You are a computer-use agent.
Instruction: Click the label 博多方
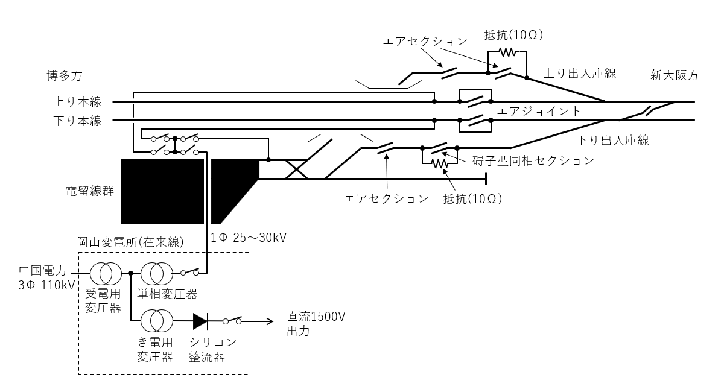coord(64,76)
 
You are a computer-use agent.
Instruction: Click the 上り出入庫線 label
coord(580,74)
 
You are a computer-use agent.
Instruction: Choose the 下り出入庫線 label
coord(612,141)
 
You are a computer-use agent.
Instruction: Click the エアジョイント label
coord(539,111)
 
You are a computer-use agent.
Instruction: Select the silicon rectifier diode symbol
coord(200,321)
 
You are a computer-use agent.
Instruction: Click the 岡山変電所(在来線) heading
coord(130,242)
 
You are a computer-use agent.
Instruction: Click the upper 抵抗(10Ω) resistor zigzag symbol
coord(507,52)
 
